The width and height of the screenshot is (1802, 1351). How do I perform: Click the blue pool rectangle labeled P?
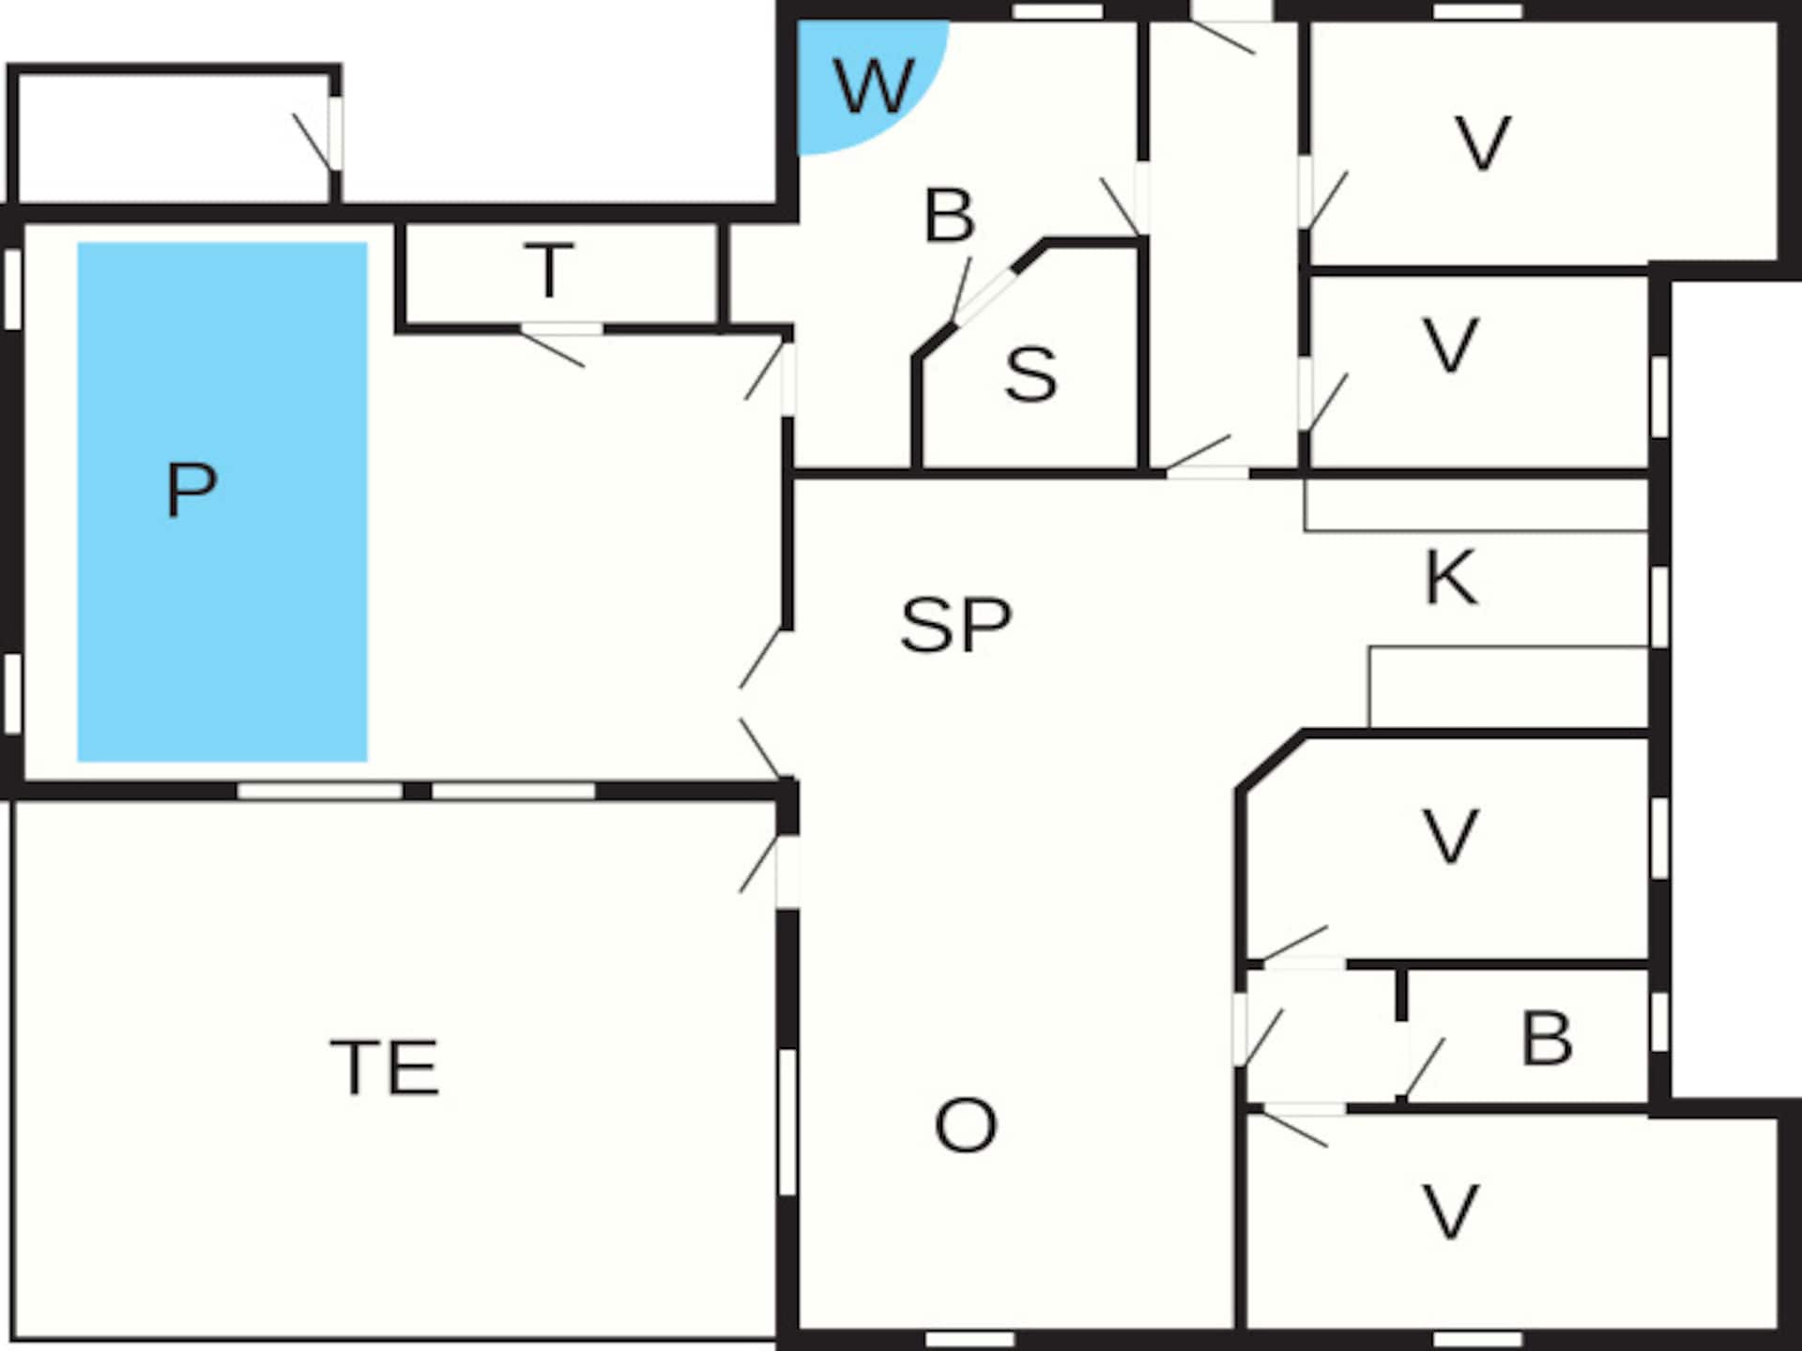point(221,502)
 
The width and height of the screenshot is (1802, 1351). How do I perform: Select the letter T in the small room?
point(549,270)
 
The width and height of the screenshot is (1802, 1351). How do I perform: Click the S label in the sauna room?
point(1031,374)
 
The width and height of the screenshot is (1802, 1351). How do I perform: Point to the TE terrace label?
point(385,1067)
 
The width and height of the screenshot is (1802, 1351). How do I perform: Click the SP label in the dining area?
point(955,625)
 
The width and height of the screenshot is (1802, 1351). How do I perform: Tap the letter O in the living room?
point(966,1125)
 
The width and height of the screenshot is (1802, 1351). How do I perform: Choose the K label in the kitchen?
point(1451,577)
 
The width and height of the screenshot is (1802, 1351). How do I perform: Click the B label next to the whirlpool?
point(949,215)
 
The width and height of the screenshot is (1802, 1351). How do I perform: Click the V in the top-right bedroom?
point(1482,143)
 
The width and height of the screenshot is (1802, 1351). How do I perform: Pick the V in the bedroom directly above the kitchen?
point(1451,345)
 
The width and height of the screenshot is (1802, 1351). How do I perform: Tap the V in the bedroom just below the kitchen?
point(1451,835)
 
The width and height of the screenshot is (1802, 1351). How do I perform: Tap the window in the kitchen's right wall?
point(1659,606)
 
